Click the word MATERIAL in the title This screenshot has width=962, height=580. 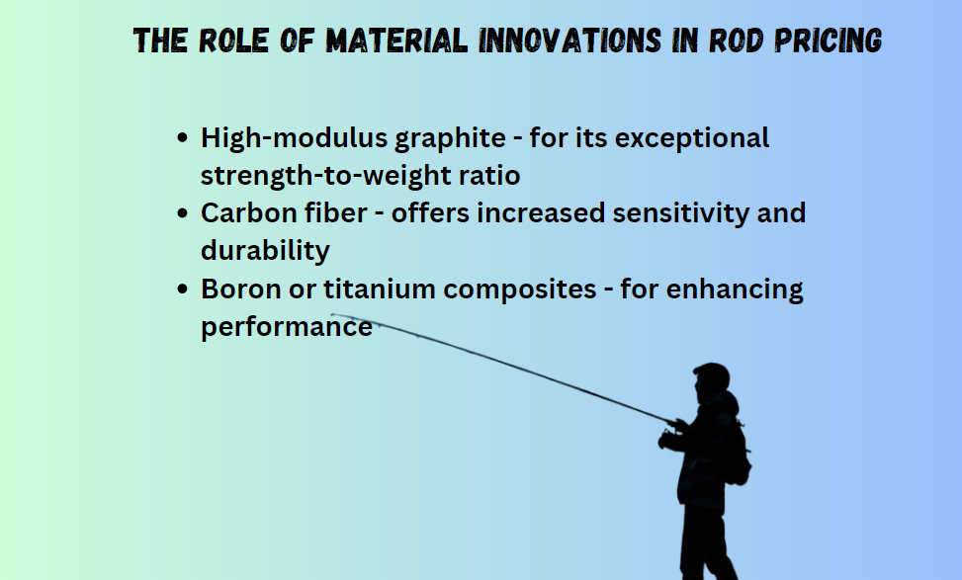(396, 41)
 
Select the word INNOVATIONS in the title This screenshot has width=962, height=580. (569, 41)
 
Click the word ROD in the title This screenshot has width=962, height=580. (737, 41)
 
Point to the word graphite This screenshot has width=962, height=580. (450, 138)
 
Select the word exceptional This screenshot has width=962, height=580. (692, 138)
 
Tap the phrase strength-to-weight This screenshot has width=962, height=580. (326, 176)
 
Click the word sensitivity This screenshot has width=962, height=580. (681, 214)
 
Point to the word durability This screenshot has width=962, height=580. (265, 251)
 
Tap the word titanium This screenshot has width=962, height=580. (380, 289)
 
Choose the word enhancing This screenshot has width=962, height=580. (735, 290)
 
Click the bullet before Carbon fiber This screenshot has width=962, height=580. (182, 213)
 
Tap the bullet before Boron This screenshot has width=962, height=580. (182, 289)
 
